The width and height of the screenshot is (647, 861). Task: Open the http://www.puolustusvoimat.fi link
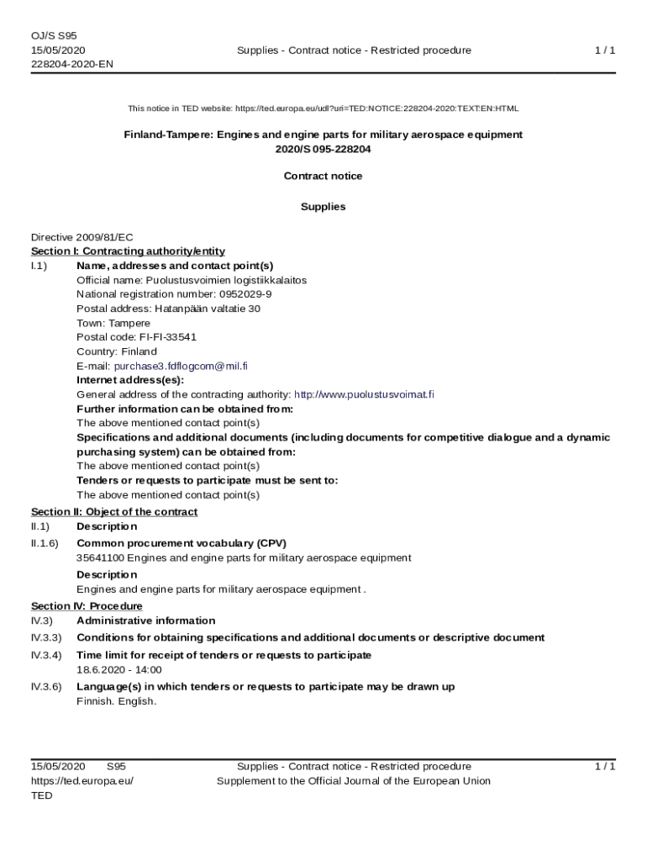pos(364,394)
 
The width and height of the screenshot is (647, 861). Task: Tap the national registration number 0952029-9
pos(245,294)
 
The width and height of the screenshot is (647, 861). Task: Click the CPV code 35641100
pos(101,557)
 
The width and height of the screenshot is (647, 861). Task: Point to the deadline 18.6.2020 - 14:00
pos(119,670)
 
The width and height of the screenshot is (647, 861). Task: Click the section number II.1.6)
pos(45,543)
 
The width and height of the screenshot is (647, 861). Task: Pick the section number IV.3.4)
pos(46,655)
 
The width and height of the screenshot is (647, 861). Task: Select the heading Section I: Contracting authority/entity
pos(128,251)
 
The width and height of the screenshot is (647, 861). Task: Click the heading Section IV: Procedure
pos(87,606)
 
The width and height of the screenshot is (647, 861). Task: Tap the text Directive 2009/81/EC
pos(82,237)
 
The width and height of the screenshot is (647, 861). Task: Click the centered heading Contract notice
pos(323,176)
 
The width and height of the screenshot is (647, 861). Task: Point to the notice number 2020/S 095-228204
pos(323,149)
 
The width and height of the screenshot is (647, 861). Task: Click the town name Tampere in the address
pos(129,323)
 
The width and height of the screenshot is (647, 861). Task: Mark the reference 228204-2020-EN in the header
pos(72,64)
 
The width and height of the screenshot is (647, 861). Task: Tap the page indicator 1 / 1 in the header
pos(605,50)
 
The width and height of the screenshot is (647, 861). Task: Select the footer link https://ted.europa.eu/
pos(82,781)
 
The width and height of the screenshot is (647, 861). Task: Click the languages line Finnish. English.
pos(117,701)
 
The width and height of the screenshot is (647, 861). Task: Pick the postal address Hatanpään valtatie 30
pos(208,309)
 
